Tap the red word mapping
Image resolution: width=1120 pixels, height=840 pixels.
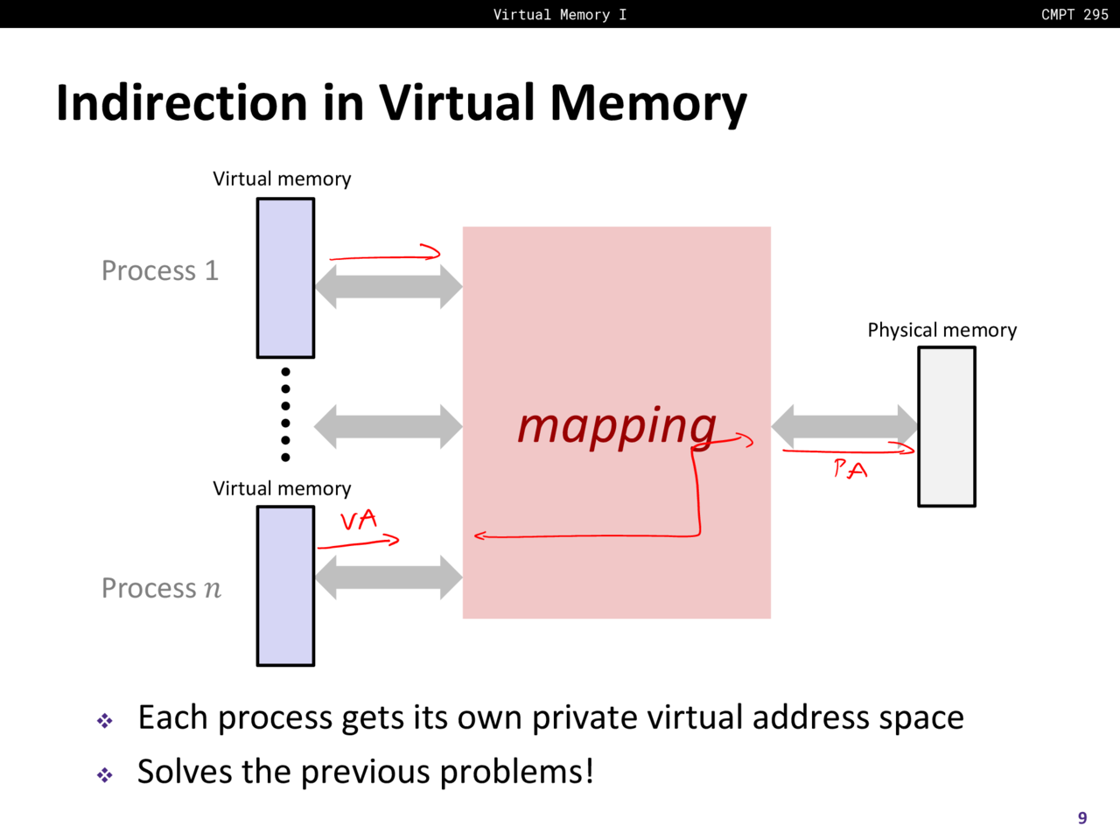pyautogui.click(x=616, y=426)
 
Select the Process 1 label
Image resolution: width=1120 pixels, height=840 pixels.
pyautogui.click(x=159, y=270)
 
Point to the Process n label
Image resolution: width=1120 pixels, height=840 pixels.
pyautogui.click(x=161, y=588)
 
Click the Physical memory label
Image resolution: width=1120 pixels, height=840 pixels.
pyautogui.click(x=941, y=330)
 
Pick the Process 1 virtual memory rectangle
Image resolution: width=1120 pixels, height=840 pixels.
pyautogui.click(x=285, y=278)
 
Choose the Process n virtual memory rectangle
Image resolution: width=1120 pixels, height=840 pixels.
pyautogui.click(x=285, y=586)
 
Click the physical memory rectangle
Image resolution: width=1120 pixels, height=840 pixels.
pyautogui.click(x=946, y=426)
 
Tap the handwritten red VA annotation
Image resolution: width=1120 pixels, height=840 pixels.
pyautogui.click(x=359, y=521)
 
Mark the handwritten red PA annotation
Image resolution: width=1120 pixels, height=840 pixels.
pyautogui.click(x=850, y=470)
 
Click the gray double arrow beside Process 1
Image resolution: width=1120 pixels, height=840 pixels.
pyautogui.click(x=388, y=285)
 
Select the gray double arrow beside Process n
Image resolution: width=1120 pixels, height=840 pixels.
pyautogui.click(x=388, y=577)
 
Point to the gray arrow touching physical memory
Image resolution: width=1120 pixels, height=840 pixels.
pyautogui.click(x=844, y=426)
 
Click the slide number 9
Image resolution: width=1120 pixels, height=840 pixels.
pyautogui.click(x=1082, y=818)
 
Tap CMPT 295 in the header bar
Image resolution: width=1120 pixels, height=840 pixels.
pyautogui.click(x=1074, y=14)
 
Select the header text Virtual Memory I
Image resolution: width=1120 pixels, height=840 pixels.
pyautogui.click(x=559, y=14)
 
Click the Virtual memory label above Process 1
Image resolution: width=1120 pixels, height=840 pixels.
pyautogui.click(x=282, y=178)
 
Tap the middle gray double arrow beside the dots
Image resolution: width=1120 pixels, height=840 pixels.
pyautogui.click(x=388, y=426)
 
